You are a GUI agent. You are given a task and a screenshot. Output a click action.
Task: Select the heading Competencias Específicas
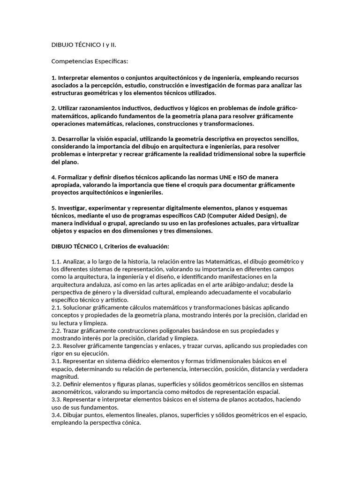click(89, 61)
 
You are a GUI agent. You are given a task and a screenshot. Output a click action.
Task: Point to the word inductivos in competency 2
click(127, 109)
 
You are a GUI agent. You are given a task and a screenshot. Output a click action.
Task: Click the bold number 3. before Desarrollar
click(53, 139)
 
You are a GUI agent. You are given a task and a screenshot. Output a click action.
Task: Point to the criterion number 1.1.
click(56, 262)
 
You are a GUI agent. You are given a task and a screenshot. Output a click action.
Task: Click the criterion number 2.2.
click(56, 330)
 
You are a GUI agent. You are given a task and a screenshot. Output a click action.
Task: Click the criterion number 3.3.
click(56, 399)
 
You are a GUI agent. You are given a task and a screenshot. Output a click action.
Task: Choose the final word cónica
click(129, 422)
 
